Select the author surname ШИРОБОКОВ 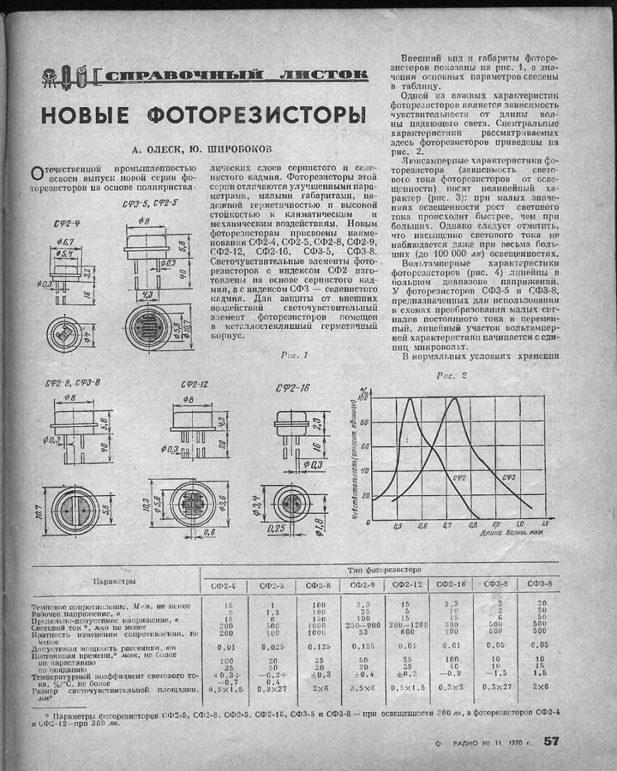click(219, 149)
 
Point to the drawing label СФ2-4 click(67, 225)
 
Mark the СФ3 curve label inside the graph click(509, 477)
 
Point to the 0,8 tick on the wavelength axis click(473, 527)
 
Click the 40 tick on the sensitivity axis click(364, 470)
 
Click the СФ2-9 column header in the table click(362, 585)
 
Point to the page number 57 click(551, 741)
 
